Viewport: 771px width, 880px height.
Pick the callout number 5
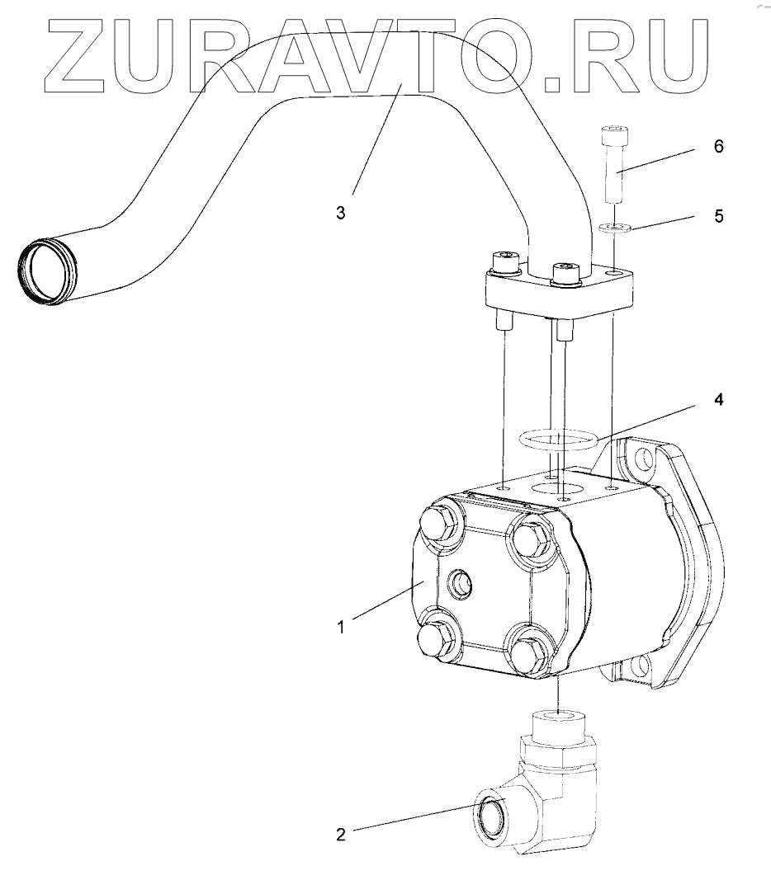click(718, 216)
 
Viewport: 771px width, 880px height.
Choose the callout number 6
click(718, 147)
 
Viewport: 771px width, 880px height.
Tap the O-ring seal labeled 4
click(558, 440)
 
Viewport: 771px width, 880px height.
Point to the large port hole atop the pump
click(552, 488)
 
